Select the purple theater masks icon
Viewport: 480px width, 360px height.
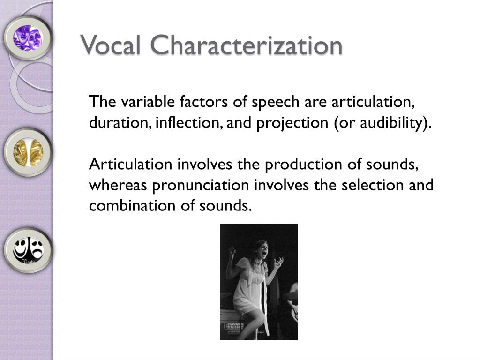pyautogui.click(x=27, y=37)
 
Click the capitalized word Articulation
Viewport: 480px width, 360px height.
pyautogui.click(x=130, y=165)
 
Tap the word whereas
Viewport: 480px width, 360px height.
pyautogui.click(x=117, y=186)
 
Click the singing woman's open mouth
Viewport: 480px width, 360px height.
pyautogui.click(x=264, y=254)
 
